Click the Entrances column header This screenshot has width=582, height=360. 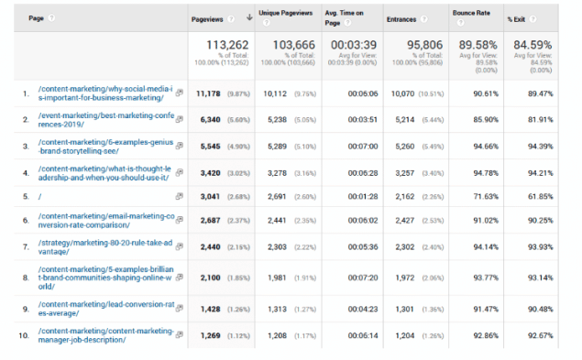pyautogui.click(x=401, y=17)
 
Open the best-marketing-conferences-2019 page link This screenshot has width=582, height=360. pyautogui.click(x=105, y=120)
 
